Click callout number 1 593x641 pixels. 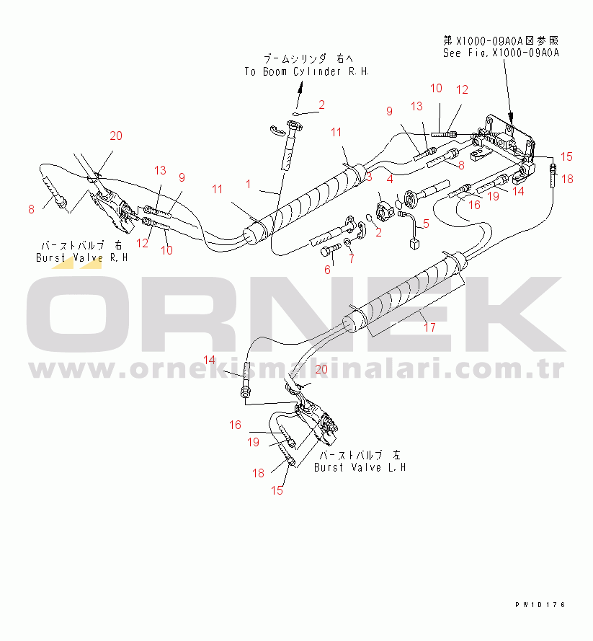(x=249, y=185)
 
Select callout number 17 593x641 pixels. (x=430, y=327)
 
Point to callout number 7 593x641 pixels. (x=351, y=259)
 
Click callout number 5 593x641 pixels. (x=425, y=224)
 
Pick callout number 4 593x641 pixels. (x=389, y=180)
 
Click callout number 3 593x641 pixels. (x=367, y=177)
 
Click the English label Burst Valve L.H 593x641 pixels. (x=360, y=467)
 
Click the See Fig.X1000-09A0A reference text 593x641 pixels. (x=501, y=53)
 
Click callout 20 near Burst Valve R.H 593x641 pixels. (x=116, y=136)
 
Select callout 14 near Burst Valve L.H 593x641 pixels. (x=209, y=360)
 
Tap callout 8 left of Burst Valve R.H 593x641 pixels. (x=31, y=210)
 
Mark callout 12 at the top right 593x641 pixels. (x=462, y=90)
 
